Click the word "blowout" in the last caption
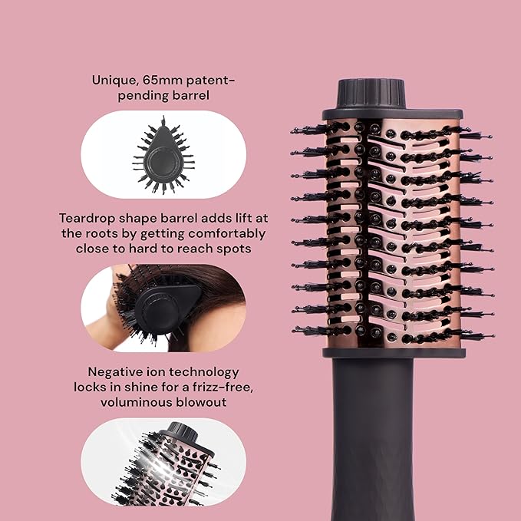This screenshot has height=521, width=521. pyautogui.click(x=200, y=402)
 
